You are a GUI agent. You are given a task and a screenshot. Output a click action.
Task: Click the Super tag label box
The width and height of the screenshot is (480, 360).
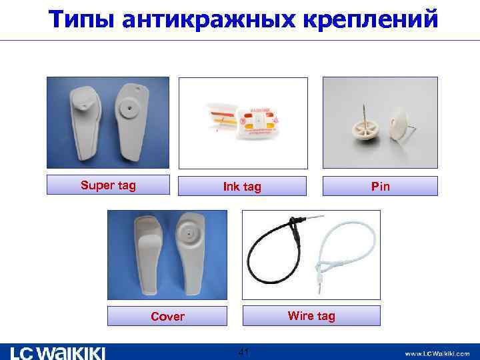click(108, 185)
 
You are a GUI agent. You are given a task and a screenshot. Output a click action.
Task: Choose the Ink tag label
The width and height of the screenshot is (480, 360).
click(242, 187)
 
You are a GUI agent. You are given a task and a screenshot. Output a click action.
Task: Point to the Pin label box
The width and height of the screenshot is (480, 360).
click(380, 187)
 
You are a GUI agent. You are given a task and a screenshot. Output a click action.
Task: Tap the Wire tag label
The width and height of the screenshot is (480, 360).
click(311, 315)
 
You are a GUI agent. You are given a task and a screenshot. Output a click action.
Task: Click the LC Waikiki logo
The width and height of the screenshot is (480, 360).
click(57, 352)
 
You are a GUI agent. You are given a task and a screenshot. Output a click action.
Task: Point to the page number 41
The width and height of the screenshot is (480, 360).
click(243, 351)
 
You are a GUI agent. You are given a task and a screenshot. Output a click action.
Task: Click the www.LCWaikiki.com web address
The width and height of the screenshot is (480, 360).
click(436, 353)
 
